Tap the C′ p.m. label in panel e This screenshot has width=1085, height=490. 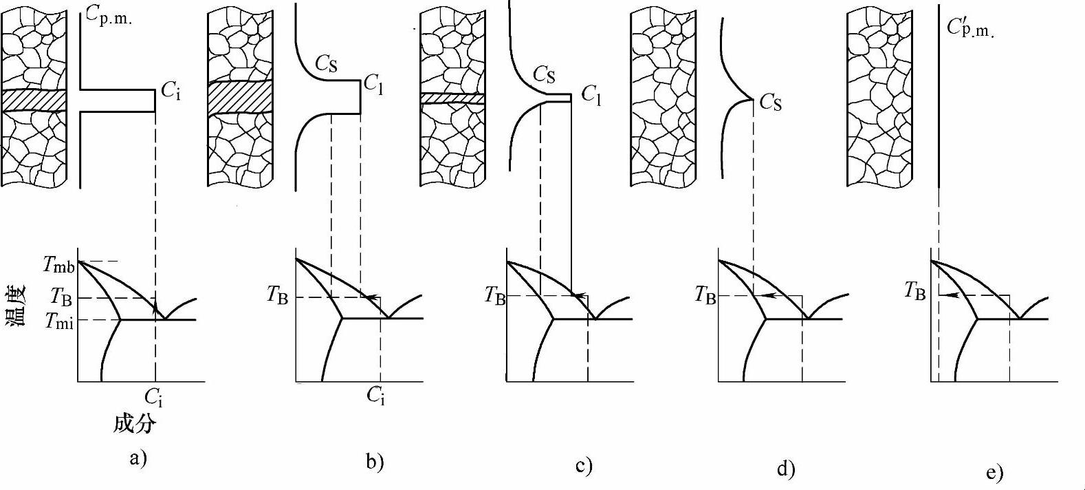coord(970,28)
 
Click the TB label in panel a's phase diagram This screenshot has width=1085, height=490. coord(62,297)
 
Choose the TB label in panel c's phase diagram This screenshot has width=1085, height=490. coord(495,296)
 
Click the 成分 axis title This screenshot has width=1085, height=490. coord(135,424)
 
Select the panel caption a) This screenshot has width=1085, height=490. coord(138,458)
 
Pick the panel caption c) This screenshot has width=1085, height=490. coord(584,466)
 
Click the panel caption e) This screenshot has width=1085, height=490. coord(994,472)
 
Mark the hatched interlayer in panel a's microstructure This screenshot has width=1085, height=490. coord(34,100)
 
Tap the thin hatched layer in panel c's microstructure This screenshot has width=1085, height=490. coord(452,98)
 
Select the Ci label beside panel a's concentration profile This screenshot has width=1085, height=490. coord(171,89)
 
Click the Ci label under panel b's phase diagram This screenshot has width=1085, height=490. coord(375,395)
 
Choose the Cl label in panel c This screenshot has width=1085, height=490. coord(591,94)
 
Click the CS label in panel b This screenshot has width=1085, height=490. coord(327,64)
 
